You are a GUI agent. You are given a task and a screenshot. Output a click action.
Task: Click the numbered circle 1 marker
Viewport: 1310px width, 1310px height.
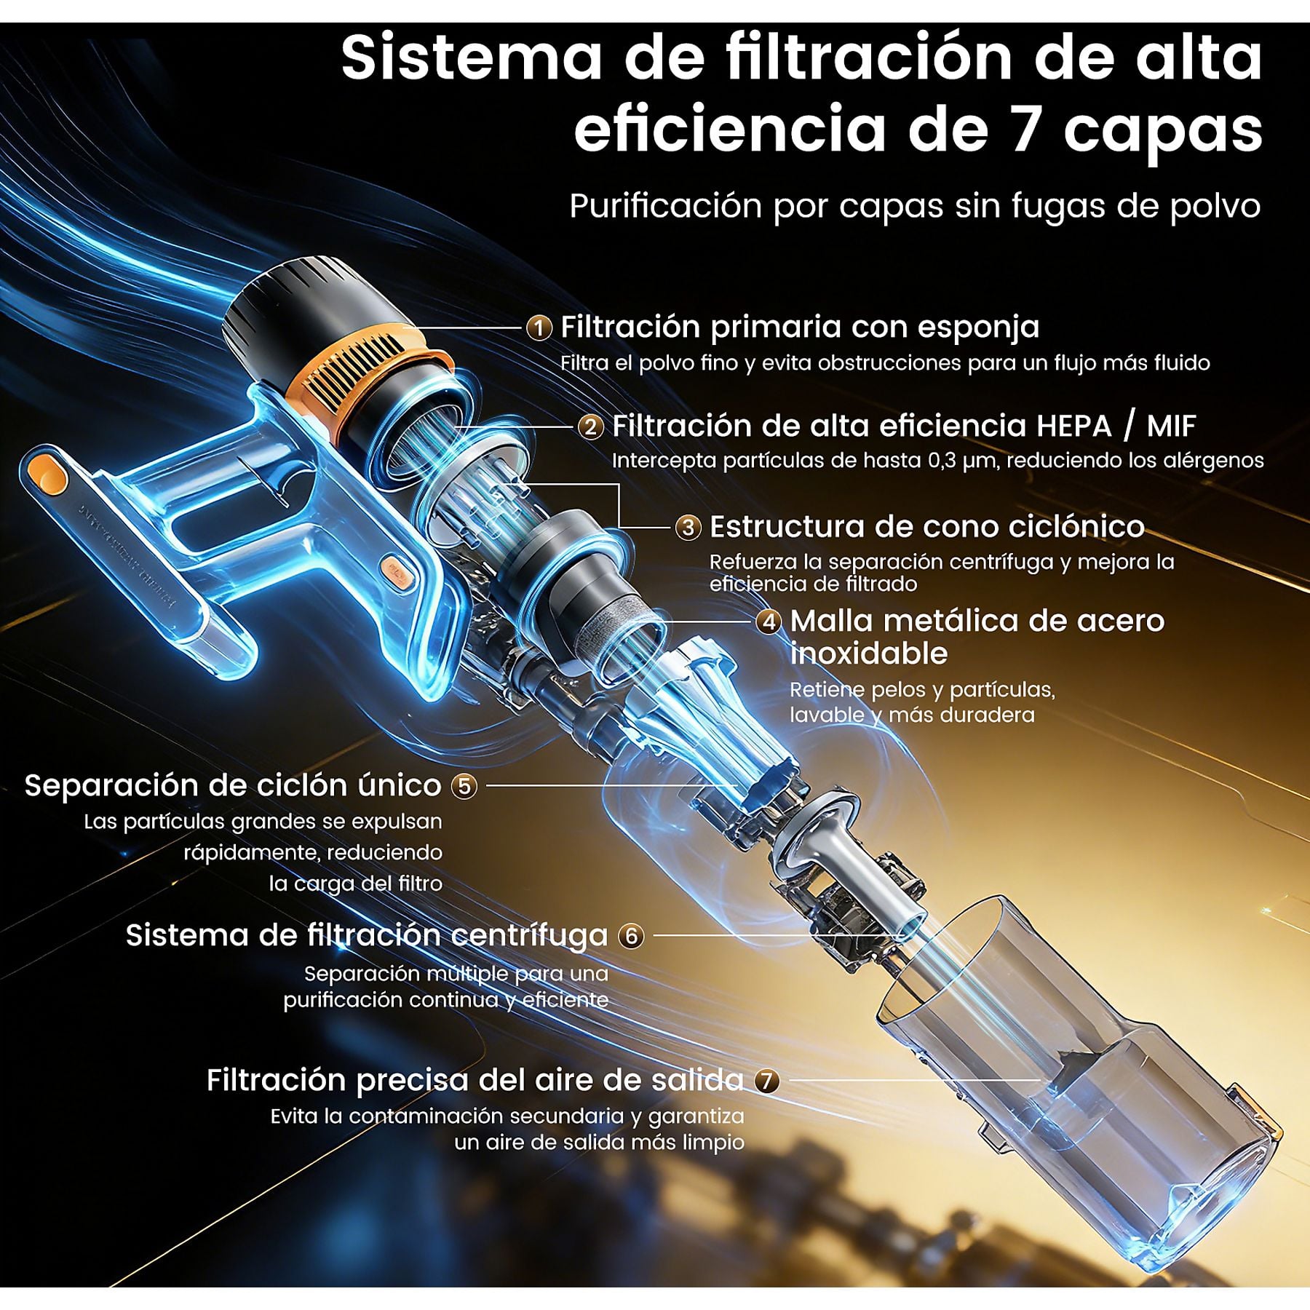tap(539, 328)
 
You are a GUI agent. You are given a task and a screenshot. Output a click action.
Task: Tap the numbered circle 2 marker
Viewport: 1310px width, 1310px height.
tap(590, 427)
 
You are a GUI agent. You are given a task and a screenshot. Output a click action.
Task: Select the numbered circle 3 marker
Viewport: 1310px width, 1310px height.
tap(688, 528)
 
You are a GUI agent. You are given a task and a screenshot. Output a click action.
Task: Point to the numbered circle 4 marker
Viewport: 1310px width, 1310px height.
tap(769, 622)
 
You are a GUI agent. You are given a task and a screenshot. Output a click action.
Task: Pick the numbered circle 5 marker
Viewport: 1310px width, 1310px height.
tap(464, 786)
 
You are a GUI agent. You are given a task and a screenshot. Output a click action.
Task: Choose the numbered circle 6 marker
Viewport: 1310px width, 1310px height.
tap(631, 936)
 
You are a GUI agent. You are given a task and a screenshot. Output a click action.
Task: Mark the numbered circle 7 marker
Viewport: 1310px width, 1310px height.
tap(766, 1081)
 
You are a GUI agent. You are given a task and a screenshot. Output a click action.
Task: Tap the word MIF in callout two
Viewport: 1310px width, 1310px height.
tap(1171, 426)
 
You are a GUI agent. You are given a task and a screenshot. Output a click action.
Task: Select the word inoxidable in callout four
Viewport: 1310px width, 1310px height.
tap(869, 654)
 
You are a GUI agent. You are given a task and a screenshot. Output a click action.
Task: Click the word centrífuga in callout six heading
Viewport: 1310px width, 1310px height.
tap(529, 937)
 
